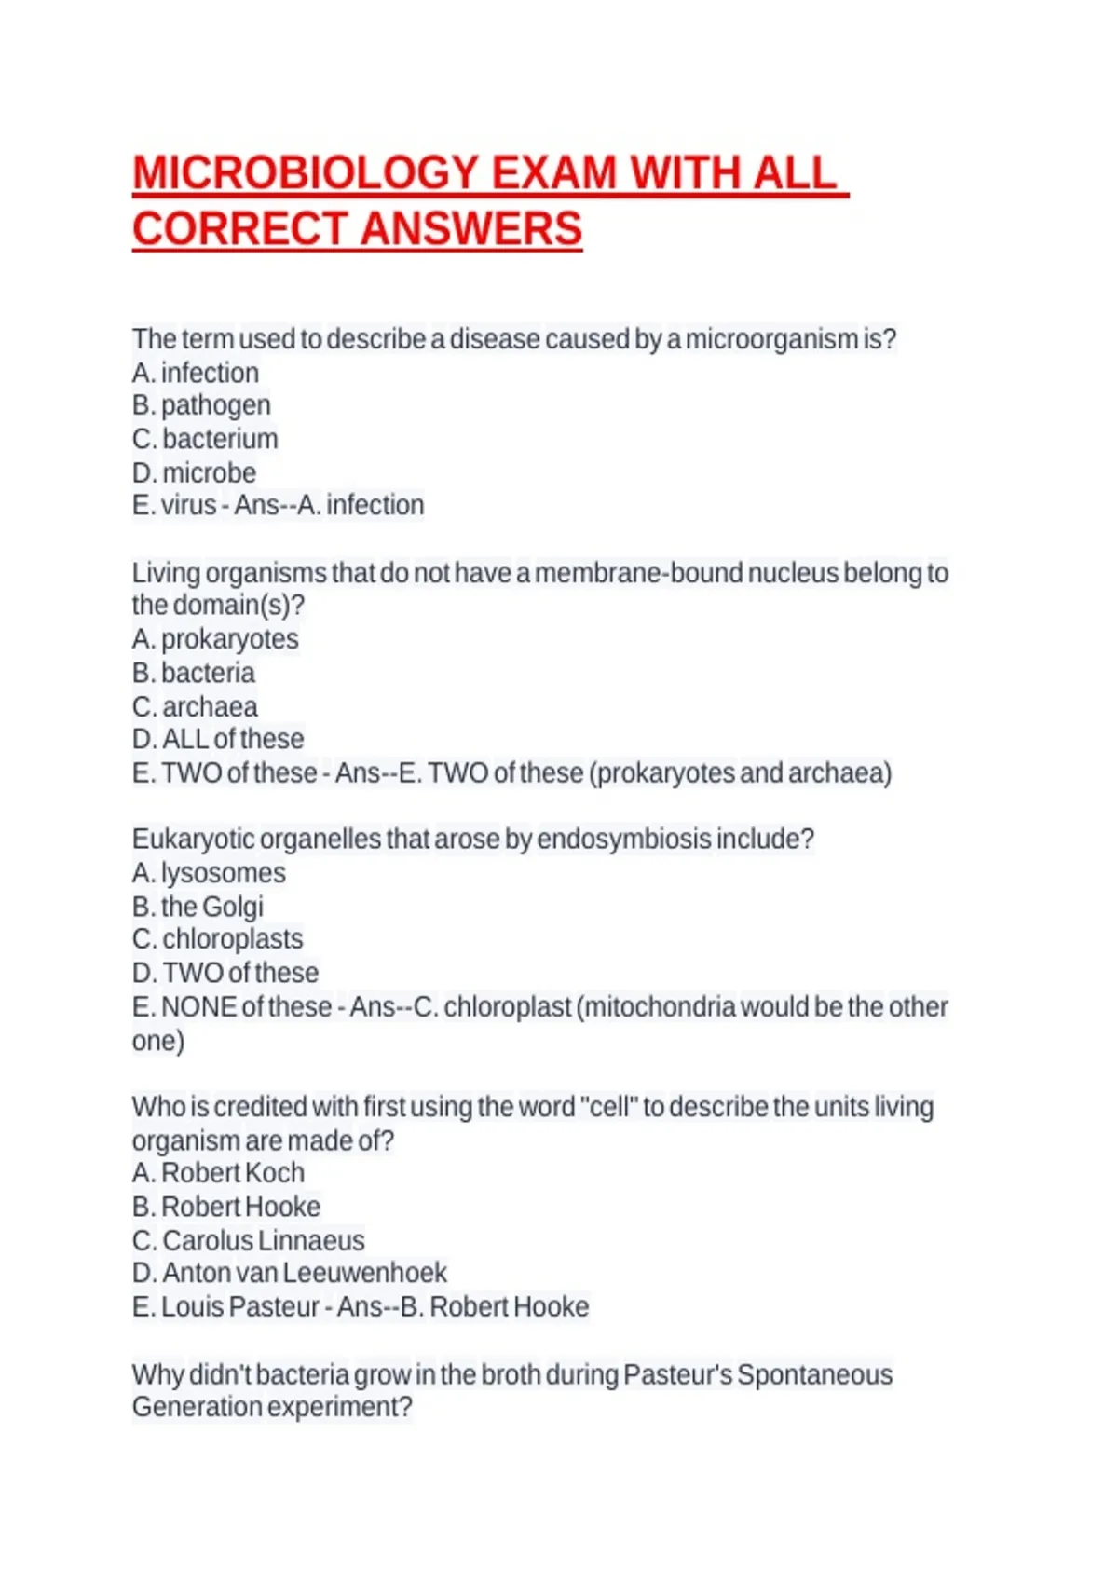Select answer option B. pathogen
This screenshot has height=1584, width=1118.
click(x=201, y=405)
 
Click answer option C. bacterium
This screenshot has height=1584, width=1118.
click(x=205, y=439)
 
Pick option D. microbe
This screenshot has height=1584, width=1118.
click(x=194, y=472)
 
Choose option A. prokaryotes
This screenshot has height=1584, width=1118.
click(x=215, y=639)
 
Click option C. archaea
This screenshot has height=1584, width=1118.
click(x=195, y=706)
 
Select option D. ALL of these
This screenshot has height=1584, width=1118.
click(x=218, y=739)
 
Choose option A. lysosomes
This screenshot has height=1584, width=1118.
click(x=209, y=873)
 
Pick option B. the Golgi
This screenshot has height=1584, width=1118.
click(x=198, y=907)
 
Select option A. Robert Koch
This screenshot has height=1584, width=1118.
click(x=218, y=1173)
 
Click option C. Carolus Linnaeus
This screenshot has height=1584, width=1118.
click(x=248, y=1240)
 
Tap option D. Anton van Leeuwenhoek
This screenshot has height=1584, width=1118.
click(x=289, y=1273)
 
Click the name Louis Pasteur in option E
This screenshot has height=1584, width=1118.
click(x=240, y=1307)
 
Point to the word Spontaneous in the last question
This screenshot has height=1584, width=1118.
click(x=813, y=1375)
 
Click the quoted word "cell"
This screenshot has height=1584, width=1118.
click(x=608, y=1107)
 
